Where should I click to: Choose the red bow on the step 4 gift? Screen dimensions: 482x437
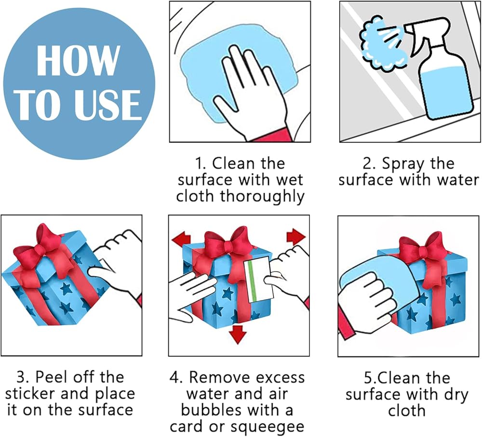[x=229, y=246]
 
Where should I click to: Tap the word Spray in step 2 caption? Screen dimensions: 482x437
[x=402, y=164]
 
